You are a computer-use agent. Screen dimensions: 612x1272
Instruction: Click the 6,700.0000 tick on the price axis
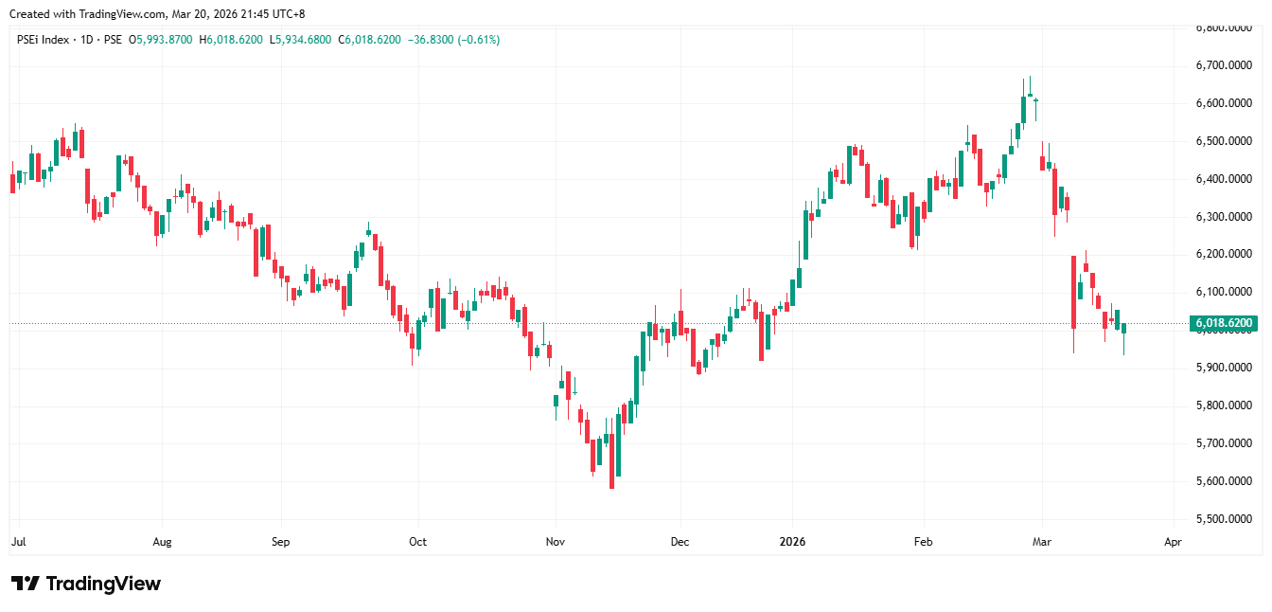1224,65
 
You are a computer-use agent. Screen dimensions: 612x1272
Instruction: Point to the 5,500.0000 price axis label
1224,519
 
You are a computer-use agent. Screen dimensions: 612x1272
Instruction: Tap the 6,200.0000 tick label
1224,254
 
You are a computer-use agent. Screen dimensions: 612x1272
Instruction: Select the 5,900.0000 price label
1224,368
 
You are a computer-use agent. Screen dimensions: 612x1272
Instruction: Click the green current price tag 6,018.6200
1225,324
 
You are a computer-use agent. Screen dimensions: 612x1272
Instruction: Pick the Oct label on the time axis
417,542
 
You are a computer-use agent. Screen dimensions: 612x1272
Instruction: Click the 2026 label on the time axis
791,542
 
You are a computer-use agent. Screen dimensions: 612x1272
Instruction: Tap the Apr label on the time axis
1173,542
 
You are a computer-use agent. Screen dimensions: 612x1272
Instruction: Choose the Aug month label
162,542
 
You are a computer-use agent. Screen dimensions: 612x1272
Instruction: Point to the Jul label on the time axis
18,542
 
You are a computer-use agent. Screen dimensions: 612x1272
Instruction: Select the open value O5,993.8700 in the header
161,40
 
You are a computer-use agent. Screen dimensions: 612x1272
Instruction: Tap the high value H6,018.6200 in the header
232,40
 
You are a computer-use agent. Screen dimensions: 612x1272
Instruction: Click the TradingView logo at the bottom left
85,584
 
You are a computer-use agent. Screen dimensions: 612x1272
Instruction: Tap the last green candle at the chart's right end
1123,328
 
